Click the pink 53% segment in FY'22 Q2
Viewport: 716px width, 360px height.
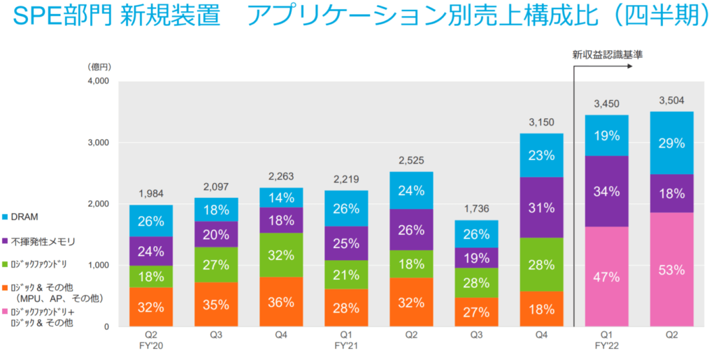tap(671, 270)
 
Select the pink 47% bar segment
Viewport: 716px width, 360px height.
tap(606, 277)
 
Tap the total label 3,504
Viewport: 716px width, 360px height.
tap(671, 101)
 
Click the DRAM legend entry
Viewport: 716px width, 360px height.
tap(24, 217)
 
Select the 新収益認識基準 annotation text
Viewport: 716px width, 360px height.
tap(607, 54)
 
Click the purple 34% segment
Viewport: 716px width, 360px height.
tap(606, 191)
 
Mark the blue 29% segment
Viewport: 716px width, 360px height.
tap(671, 143)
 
